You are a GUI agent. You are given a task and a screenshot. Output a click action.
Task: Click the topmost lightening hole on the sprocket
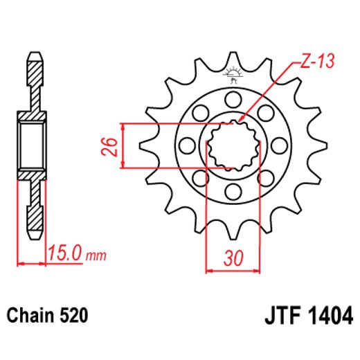pos(233,98)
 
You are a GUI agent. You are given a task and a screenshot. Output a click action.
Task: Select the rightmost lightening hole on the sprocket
pos(281,145)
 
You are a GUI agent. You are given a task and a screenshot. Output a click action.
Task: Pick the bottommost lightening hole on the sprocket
pos(233,194)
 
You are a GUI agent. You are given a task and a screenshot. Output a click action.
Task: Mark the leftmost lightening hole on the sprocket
pos(185,145)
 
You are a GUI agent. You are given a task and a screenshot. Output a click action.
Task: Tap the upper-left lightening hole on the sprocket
pos(199,111)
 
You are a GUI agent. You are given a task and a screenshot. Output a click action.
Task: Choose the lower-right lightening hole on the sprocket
pos(267,179)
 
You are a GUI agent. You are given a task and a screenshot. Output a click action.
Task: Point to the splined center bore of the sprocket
pos(233,145)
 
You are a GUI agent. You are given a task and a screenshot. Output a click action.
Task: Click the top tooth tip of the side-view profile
pos(33,55)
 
